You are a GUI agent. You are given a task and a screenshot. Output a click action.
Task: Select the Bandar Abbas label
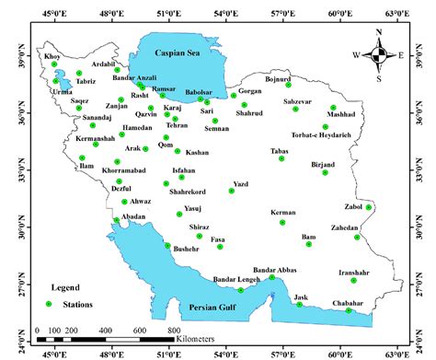tap(274, 269)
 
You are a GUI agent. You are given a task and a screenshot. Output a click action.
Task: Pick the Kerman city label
tap(283, 213)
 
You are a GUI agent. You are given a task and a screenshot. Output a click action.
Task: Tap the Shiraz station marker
tap(199, 236)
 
